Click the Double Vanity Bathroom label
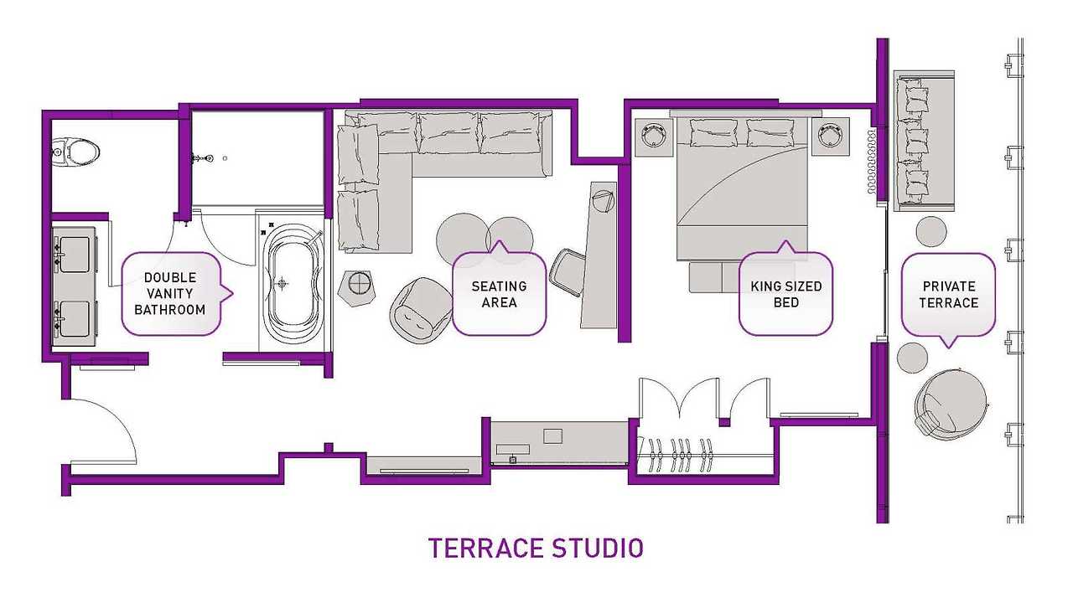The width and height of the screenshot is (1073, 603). tap(170, 294)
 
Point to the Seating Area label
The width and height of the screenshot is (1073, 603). tap(499, 294)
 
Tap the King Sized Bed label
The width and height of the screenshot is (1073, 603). tap(786, 294)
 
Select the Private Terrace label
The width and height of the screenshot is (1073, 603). tap(948, 294)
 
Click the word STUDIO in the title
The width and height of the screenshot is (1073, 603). tap(598, 549)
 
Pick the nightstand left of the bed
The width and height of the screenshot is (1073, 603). tap(654, 137)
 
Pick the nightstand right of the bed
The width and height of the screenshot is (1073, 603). tap(831, 137)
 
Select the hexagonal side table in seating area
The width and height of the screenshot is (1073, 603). tap(357, 288)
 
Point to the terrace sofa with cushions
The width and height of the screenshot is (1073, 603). tap(925, 141)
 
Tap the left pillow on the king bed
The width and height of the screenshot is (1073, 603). tap(713, 132)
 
